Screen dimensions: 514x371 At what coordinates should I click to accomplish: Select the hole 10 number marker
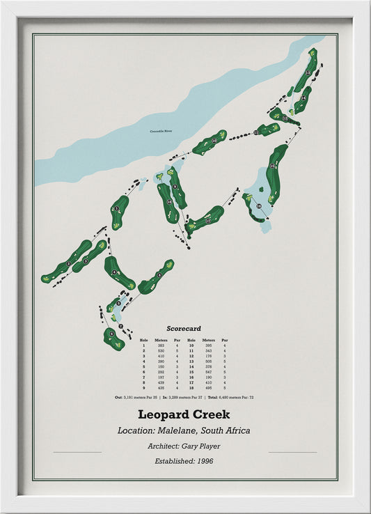point(214,141)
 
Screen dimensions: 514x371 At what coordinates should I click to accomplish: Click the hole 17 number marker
point(207,221)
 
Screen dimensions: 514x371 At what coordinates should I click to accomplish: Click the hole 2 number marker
point(86,260)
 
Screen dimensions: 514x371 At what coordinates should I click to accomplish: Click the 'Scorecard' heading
point(184,328)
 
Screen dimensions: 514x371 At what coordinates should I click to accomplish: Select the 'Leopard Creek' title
point(184,415)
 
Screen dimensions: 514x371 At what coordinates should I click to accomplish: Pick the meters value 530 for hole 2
point(160,350)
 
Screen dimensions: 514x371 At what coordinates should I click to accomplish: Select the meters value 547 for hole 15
point(206,372)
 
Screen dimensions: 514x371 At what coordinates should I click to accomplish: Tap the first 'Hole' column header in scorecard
point(144,340)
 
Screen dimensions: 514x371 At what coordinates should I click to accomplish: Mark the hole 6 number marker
point(111,335)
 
